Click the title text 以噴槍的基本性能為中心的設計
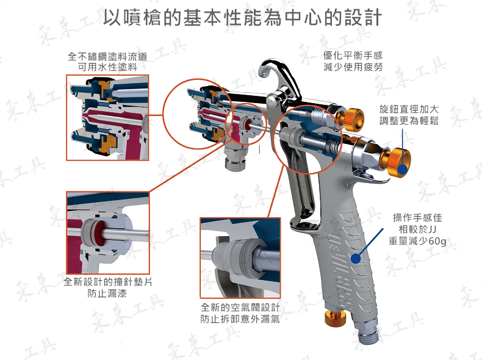click(x=242, y=18)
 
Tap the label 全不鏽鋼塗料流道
click(x=107, y=56)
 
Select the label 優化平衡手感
click(x=353, y=56)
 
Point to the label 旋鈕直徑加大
click(x=409, y=109)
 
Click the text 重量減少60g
click(x=417, y=241)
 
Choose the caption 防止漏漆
click(x=107, y=293)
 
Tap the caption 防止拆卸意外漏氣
click(x=240, y=319)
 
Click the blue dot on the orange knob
click(x=403, y=169)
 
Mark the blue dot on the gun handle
click(x=356, y=258)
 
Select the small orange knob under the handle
click(x=334, y=317)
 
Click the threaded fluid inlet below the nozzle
click(x=236, y=157)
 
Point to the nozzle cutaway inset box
click(x=107, y=117)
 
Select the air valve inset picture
click(x=240, y=258)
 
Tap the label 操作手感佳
click(x=417, y=218)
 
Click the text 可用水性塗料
click(x=107, y=67)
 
